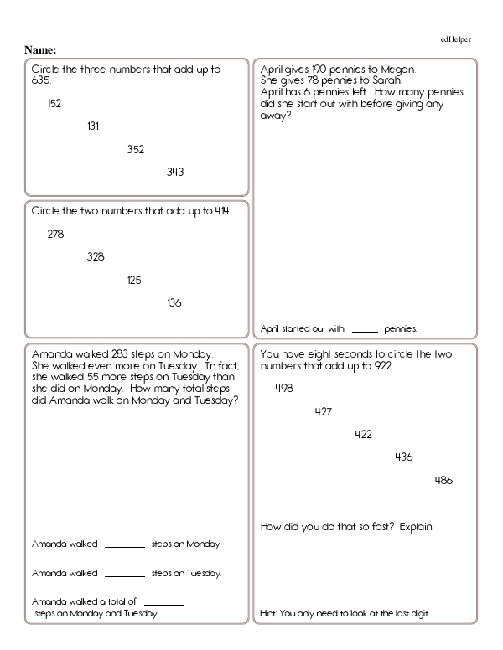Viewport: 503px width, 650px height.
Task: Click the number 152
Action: click(54, 104)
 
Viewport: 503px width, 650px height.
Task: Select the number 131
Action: click(93, 126)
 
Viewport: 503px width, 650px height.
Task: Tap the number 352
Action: click(135, 150)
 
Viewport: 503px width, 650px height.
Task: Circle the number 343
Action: click(175, 173)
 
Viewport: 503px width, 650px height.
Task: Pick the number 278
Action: click(55, 235)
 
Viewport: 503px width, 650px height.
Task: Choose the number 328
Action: click(96, 257)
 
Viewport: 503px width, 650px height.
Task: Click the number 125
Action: click(134, 281)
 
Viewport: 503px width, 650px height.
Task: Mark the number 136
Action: click(174, 303)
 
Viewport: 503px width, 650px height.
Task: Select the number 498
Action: click(284, 388)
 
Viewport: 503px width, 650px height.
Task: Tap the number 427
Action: click(324, 411)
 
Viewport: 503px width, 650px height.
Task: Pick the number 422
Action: click(363, 434)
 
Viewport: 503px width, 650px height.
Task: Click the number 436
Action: click(403, 457)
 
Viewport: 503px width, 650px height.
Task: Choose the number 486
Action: click(443, 480)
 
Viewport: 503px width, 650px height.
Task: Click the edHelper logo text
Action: click(456, 39)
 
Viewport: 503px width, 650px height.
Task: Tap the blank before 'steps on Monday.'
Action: click(125, 545)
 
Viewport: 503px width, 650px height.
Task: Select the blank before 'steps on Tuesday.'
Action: click(125, 575)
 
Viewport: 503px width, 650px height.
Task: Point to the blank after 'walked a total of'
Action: click(164, 603)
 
